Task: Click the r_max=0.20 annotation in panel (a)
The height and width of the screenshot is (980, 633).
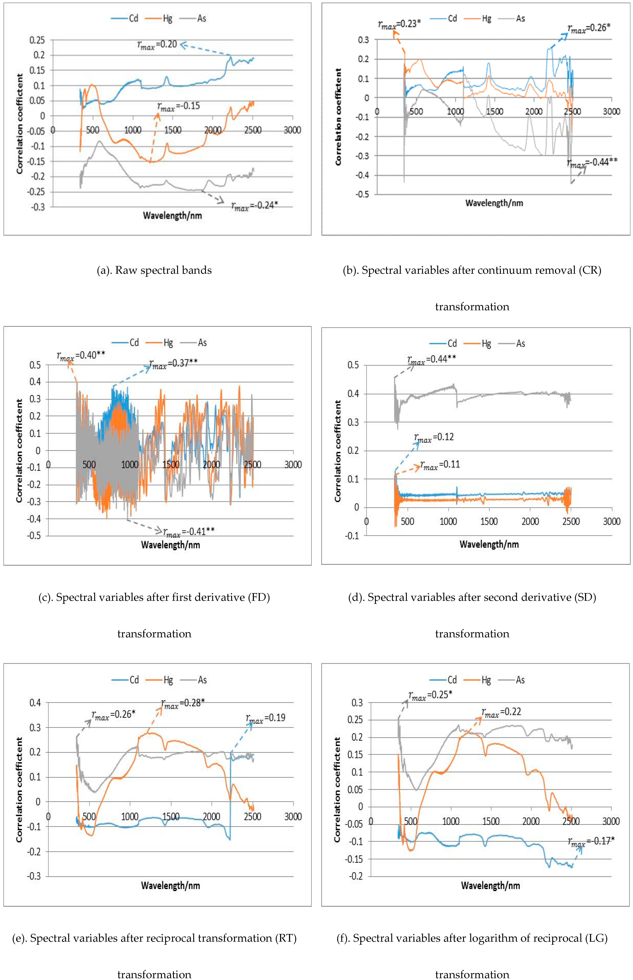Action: click(157, 44)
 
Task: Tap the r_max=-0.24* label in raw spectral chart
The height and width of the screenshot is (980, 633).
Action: click(254, 205)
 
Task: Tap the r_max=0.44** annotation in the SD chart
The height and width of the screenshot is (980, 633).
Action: click(432, 360)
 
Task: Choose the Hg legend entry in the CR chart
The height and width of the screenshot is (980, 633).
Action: click(481, 18)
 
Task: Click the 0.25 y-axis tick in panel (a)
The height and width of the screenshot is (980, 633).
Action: click(37, 40)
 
